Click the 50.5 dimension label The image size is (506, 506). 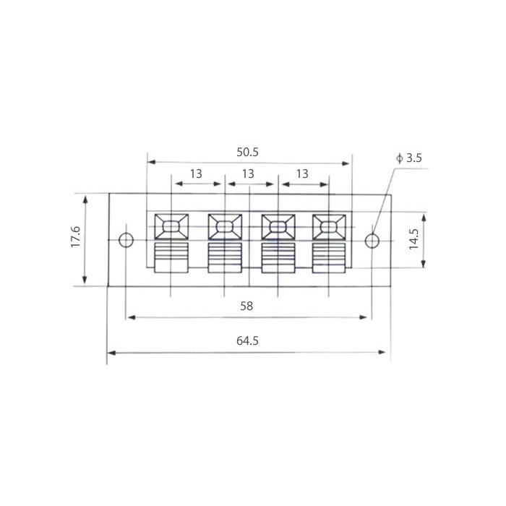pos(247,153)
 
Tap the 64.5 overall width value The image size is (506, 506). pos(247,340)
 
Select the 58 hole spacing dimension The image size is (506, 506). pos(246,306)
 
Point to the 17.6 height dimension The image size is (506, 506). pos(75,237)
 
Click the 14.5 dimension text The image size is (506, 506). pos(413,239)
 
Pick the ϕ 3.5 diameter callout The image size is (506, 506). pos(409,158)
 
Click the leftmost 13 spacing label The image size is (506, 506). pos(196,174)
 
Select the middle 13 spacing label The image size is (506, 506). pos(248,174)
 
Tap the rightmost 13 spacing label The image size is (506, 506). pos(302,174)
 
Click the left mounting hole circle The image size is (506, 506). pos(126,233)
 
